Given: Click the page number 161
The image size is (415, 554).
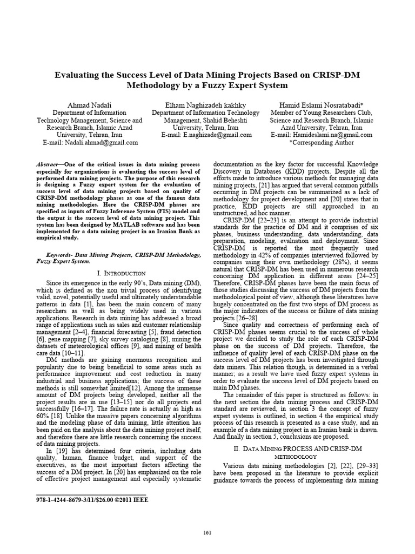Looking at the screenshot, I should pos(207,533).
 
